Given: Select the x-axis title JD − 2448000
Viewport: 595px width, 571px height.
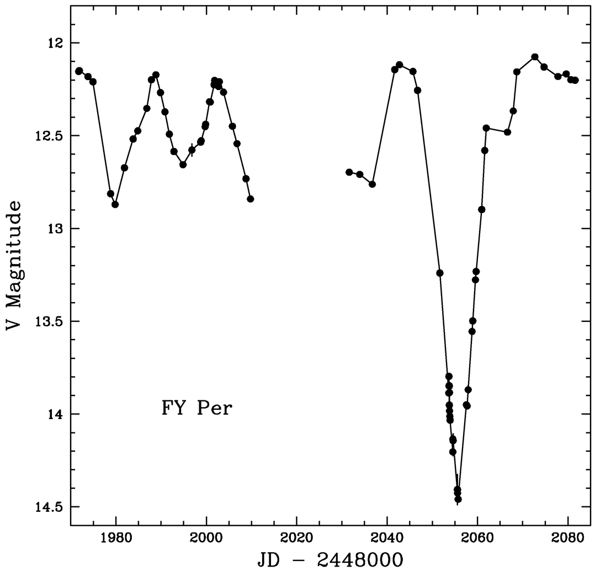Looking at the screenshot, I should coord(330,559).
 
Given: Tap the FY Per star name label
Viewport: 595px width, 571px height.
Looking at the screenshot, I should coord(197,409).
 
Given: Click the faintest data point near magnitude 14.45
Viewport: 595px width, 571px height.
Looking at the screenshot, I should coord(458,499).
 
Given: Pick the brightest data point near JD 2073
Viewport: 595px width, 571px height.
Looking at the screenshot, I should coord(535,57).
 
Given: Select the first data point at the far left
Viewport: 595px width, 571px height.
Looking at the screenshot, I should coord(79,71).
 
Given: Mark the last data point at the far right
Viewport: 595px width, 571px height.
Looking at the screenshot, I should coord(575,80).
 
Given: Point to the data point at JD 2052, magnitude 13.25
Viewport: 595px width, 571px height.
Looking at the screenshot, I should coord(440,273).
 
